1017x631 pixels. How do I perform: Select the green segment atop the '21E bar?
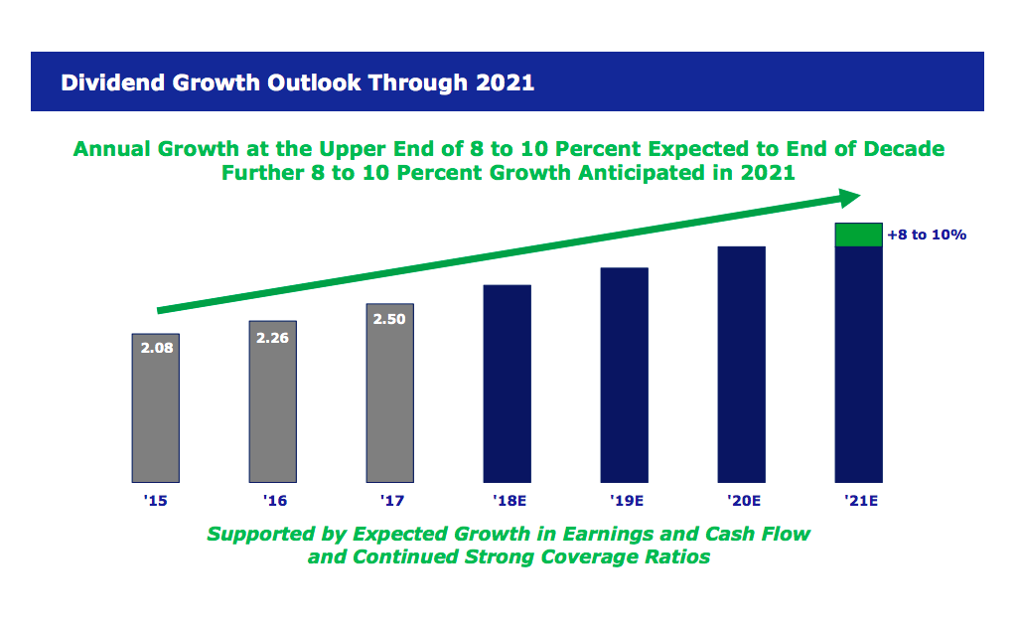pyautogui.click(x=858, y=235)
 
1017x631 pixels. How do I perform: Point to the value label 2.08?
pyautogui.click(x=156, y=349)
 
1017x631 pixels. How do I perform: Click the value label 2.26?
pyautogui.click(x=272, y=337)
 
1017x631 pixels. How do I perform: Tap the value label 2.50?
pyautogui.click(x=389, y=319)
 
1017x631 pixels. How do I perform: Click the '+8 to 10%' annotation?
pyautogui.click(x=926, y=236)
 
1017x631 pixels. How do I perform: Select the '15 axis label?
pyautogui.click(x=155, y=501)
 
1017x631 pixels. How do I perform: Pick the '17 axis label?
pyautogui.click(x=389, y=501)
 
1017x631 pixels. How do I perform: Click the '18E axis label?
pyautogui.click(x=508, y=501)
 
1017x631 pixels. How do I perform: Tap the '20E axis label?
pyautogui.click(x=741, y=501)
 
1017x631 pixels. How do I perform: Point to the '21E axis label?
pyautogui.click(x=858, y=501)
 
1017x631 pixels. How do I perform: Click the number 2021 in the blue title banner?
pyautogui.click(x=506, y=82)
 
